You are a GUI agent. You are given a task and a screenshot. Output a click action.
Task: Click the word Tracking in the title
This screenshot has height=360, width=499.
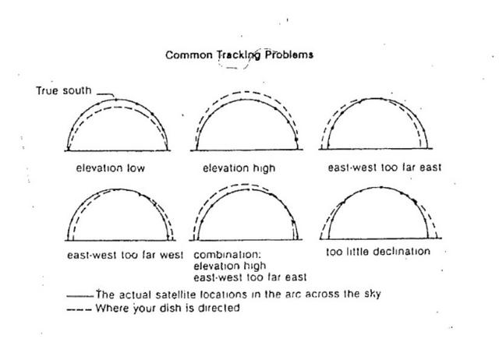pos(235,55)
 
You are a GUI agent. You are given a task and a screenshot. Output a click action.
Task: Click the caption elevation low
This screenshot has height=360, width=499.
pos(110,168)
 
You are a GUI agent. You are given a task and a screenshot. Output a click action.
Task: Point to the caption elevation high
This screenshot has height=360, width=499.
pos(239,168)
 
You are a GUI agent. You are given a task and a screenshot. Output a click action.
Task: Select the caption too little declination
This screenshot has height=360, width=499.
pos(378,252)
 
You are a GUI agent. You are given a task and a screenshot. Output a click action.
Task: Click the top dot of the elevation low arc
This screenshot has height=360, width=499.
pos(115,99)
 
